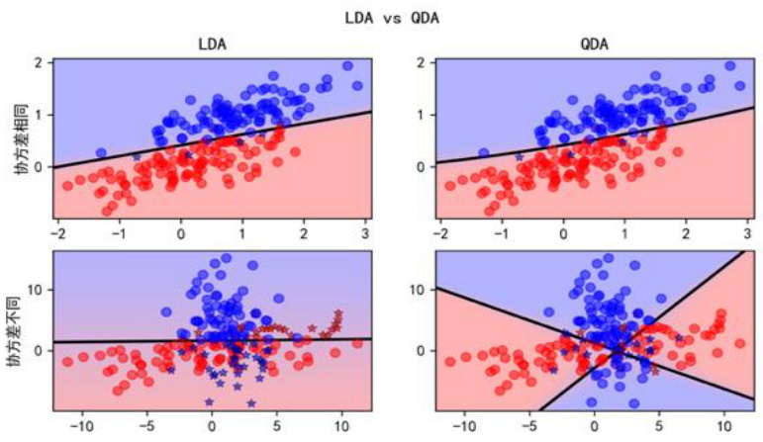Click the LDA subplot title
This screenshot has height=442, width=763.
coord(211,44)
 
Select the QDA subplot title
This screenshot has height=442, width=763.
coord(595,44)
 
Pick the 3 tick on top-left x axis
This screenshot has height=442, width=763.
coord(364,233)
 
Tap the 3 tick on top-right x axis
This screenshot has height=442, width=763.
coord(747,233)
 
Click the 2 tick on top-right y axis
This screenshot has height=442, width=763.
coord(422,63)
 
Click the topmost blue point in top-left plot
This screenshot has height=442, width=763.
coord(347,65)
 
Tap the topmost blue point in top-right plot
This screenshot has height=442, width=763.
coord(730,65)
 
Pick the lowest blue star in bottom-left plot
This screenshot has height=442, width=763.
coord(210,401)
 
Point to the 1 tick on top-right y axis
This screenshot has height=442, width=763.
coord(422,115)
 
